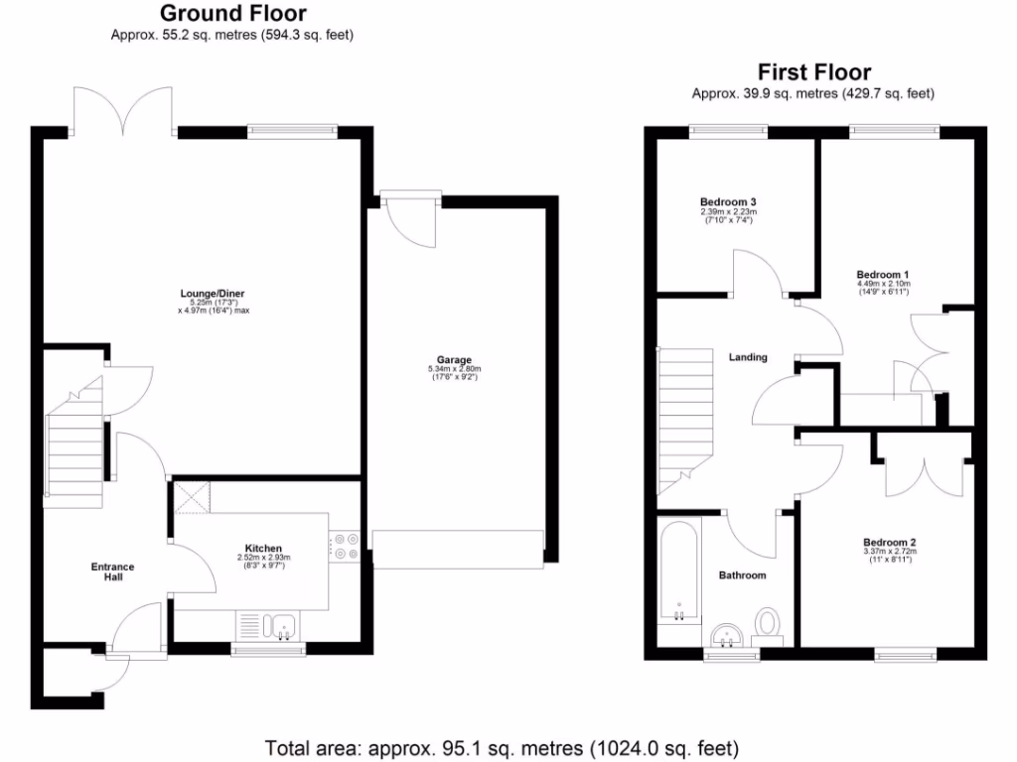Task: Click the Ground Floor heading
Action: pyautogui.click(x=232, y=14)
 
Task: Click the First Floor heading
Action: pyautogui.click(x=813, y=72)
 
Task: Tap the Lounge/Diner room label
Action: pyautogui.click(x=212, y=294)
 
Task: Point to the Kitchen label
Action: pyautogui.click(x=263, y=549)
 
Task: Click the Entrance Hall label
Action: pyautogui.click(x=112, y=571)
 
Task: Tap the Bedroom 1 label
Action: pyautogui.click(x=883, y=275)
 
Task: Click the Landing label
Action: pyautogui.click(x=748, y=357)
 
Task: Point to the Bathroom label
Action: pyautogui.click(x=742, y=575)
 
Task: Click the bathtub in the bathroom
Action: pyautogui.click(x=677, y=571)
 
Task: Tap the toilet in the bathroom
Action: pyautogui.click(x=768, y=625)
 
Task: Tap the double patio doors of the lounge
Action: pyautogui.click(x=124, y=112)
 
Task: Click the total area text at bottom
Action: pyautogui.click(x=501, y=747)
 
